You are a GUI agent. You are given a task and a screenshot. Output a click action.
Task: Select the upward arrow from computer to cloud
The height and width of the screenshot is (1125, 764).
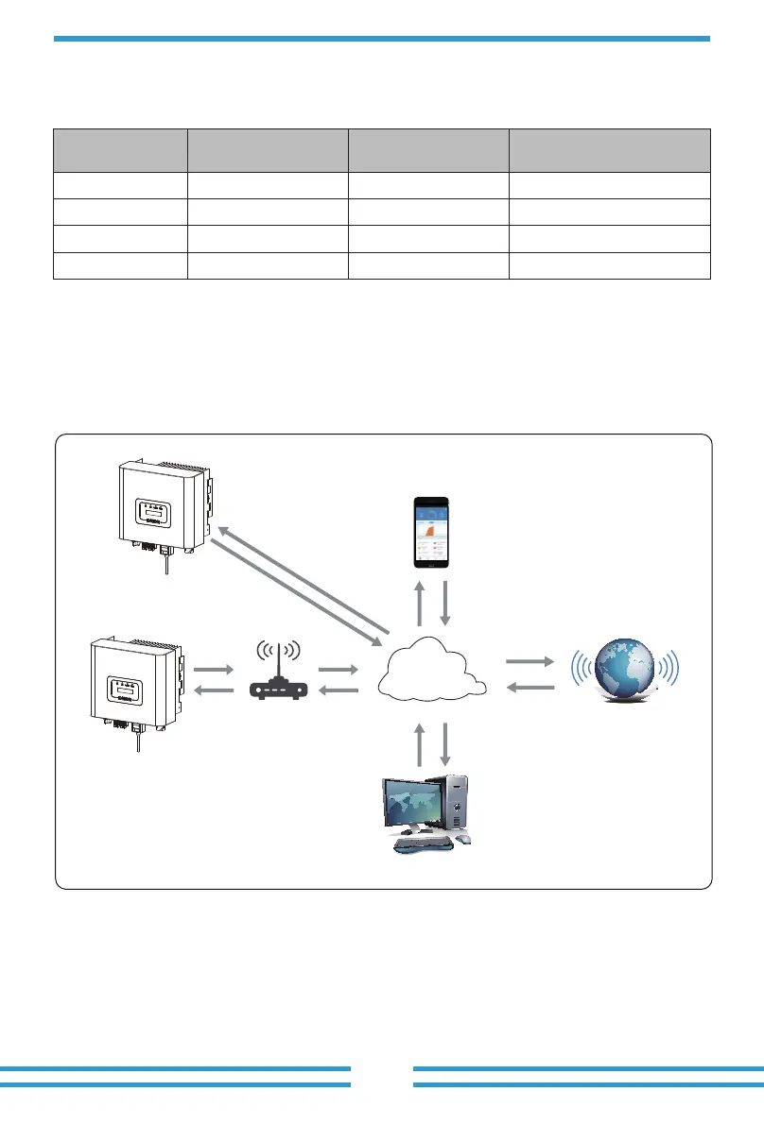420,744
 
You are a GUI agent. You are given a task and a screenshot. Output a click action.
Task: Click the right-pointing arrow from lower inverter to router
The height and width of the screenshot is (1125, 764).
213,669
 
